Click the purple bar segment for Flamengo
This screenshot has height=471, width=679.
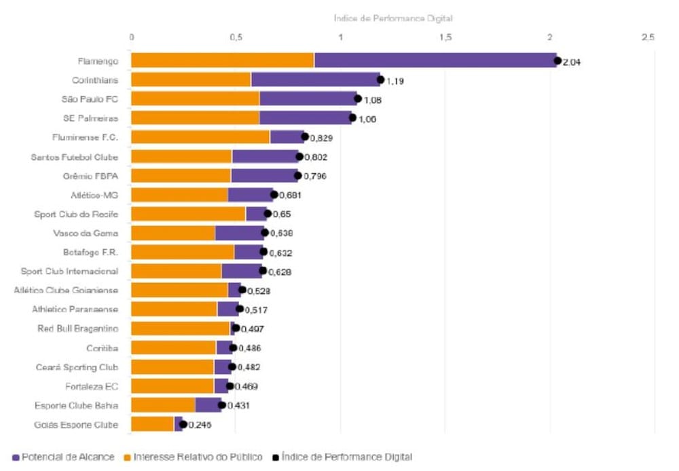(435, 60)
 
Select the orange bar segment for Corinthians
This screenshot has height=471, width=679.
(191, 80)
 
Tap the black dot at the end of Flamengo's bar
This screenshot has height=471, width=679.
(557, 60)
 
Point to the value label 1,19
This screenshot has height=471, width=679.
(395, 81)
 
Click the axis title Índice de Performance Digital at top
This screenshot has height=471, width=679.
(393, 18)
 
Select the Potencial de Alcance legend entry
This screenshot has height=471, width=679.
(62, 457)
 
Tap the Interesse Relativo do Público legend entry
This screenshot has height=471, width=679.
(193, 457)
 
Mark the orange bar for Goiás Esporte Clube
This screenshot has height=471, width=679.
(152, 424)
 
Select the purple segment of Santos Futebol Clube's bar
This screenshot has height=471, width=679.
(265, 157)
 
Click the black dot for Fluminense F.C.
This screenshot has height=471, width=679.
(305, 137)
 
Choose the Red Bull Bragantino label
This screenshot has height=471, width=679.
(78, 329)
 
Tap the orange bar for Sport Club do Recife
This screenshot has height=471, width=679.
(188, 214)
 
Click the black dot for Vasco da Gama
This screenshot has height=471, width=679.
(265, 233)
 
